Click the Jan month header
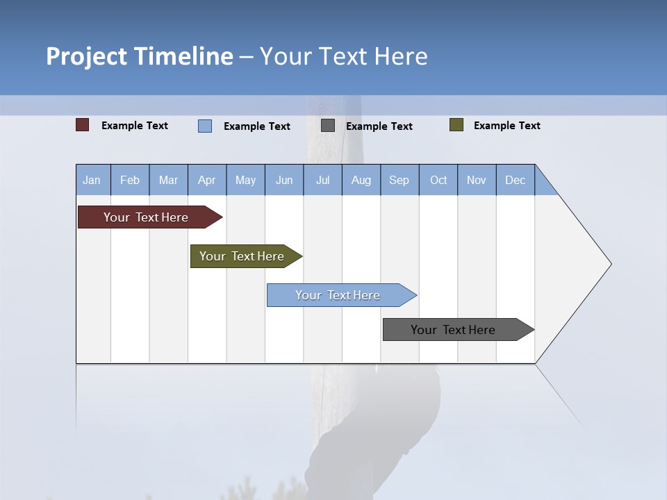click(92, 180)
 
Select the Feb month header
click(130, 180)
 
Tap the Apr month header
click(206, 180)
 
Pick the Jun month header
click(284, 180)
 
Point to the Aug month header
click(361, 180)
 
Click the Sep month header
click(399, 180)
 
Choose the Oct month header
click(438, 180)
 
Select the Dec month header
click(515, 180)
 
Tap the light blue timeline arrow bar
click(338, 295)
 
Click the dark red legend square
click(83, 125)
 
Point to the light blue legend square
click(205, 126)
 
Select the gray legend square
click(328, 126)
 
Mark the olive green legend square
click(456, 125)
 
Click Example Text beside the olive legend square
click(507, 126)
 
